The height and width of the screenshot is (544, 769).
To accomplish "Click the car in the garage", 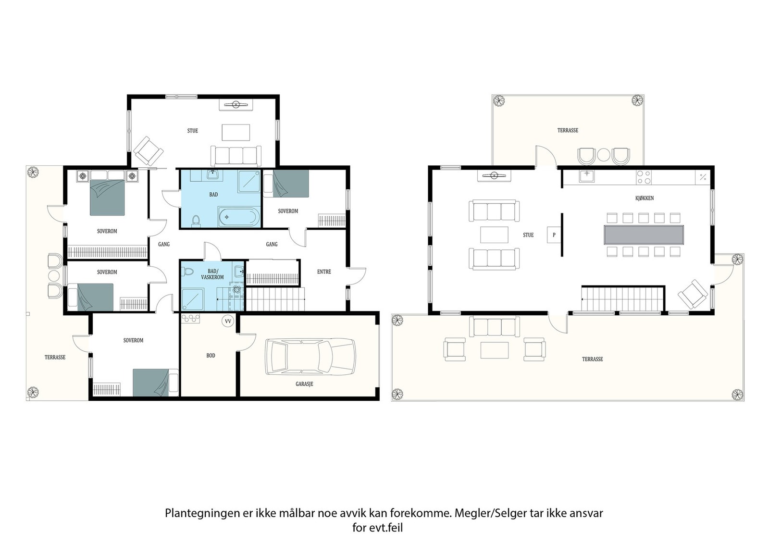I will pos(310,357).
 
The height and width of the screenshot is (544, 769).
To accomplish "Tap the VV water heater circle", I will pos(227,321).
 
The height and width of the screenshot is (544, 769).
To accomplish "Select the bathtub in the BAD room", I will pos(239,217).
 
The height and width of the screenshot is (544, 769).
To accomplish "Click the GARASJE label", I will pos(304,384).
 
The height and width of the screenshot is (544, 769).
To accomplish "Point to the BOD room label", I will pos(211,356).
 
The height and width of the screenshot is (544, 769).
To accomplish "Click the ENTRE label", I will pos(324,272).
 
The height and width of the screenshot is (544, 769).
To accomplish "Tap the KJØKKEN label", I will pos(644,198).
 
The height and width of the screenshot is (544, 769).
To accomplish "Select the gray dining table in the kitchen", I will pos(644,235).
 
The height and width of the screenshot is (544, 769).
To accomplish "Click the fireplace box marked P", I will pos(554,235).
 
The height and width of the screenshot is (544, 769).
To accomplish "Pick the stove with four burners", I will pos(644,177).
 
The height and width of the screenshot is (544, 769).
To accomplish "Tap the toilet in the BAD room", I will pos(195,220).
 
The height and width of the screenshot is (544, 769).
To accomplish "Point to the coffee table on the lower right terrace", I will pos(494,349).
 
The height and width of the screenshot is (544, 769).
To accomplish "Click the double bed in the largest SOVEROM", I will pos(107,198).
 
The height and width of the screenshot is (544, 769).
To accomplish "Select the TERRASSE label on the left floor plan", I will pos(55,357).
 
